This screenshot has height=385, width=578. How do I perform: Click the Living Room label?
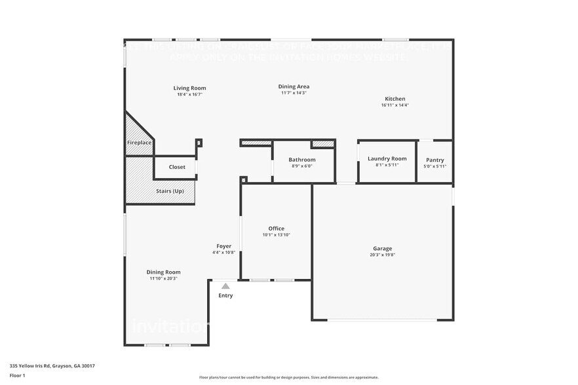coord(189,88)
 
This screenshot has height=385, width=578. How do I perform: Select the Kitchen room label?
coord(395,99)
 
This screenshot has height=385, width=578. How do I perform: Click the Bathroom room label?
coord(302,160)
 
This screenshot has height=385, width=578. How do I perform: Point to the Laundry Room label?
coord(387,158)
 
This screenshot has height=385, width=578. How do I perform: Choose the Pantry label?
coord(434,160)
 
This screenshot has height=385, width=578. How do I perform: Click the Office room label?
coord(276,229)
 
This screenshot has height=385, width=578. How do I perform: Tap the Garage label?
coord(382,248)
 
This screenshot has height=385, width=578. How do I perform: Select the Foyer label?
coord(223,246)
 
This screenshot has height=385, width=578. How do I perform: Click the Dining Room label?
coord(163,272)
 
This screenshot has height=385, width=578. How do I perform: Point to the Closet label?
coord(177,167)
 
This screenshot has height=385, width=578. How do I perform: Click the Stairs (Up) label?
coord(170,191)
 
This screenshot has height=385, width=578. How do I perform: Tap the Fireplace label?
coord(139,142)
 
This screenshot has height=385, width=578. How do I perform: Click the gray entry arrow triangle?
coord(225,286)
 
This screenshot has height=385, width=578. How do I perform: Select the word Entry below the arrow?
coord(225,295)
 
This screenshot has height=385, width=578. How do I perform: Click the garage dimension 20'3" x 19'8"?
coord(382,255)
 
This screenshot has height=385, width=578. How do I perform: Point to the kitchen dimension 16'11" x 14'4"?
coord(395,105)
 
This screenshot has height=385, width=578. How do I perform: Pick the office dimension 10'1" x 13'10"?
coord(276,234)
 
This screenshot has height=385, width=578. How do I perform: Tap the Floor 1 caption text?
coord(17,375)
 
